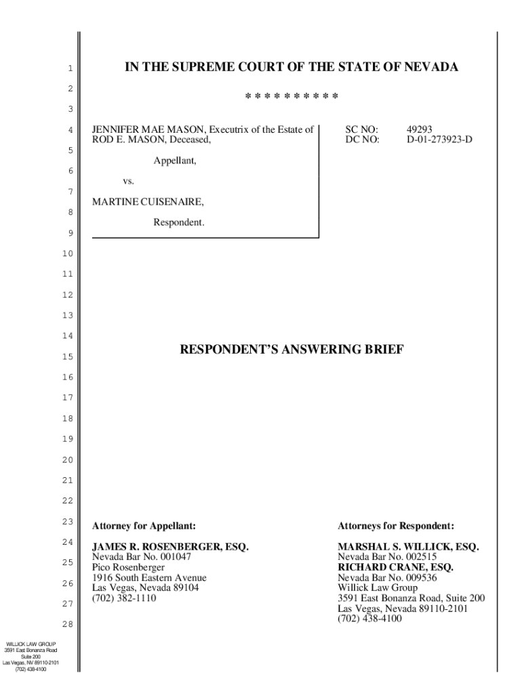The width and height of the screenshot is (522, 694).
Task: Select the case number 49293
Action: [420, 129]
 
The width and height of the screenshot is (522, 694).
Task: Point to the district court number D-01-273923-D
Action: [439, 140]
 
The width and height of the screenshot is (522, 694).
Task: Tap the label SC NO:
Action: [361, 129]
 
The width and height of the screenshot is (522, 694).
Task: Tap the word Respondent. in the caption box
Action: [178, 222]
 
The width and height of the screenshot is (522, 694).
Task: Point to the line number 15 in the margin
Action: [66, 356]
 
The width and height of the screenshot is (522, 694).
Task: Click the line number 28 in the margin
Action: [66, 624]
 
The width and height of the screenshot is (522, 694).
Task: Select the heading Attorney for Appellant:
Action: [144, 525]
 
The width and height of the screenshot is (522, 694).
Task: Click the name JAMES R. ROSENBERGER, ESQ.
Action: [170, 547]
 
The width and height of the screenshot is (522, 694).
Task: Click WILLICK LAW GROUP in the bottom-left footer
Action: [31, 644]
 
